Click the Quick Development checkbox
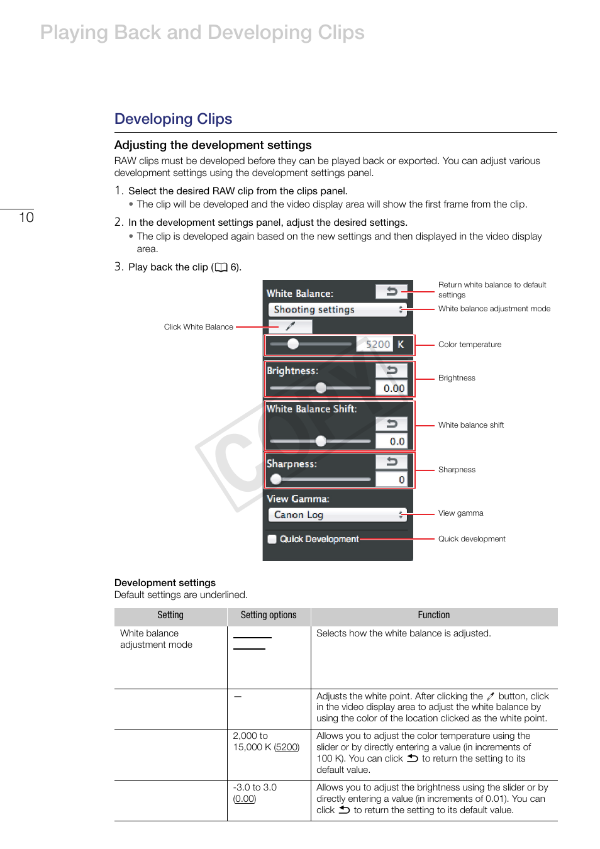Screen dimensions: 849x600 point(272,539)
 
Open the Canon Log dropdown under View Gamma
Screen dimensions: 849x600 point(337,515)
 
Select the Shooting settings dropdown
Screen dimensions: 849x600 point(337,309)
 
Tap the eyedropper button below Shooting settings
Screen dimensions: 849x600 point(290,326)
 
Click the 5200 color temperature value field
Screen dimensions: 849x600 point(377,345)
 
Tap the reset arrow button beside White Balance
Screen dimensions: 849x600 point(391,291)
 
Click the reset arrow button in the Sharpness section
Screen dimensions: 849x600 point(391,462)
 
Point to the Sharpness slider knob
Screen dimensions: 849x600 point(276,479)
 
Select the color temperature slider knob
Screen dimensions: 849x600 point(293,343)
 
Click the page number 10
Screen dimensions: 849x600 point(26,218)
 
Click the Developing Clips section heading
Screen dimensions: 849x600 point(173,119)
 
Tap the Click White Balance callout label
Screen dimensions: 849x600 point(198,327)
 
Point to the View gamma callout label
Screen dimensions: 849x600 point(460,513)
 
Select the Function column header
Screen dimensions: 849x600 point(434,615)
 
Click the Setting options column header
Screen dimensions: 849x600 point(269,615)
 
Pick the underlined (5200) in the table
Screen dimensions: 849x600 point(287,747)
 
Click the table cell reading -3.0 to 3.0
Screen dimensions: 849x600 point(255,787)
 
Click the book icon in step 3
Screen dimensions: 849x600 point(221,267)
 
